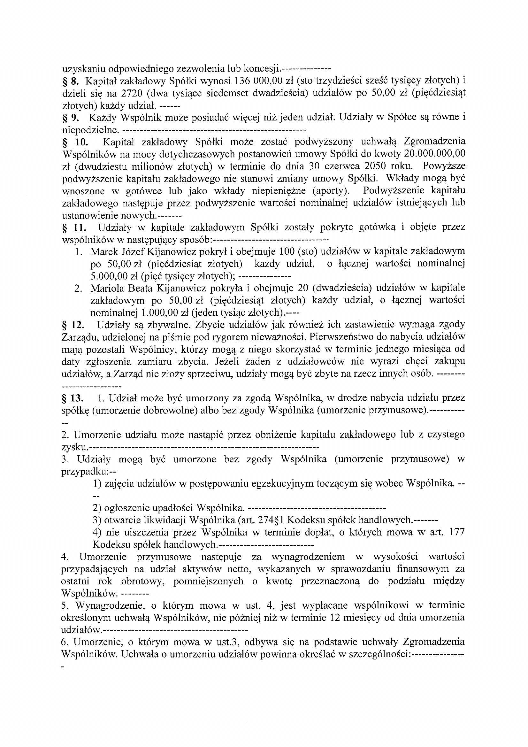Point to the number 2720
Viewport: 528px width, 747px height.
(x=132, y=93)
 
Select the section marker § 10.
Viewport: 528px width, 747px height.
(x=74, y=142)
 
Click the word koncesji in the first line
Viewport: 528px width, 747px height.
(x=263, y=69)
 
